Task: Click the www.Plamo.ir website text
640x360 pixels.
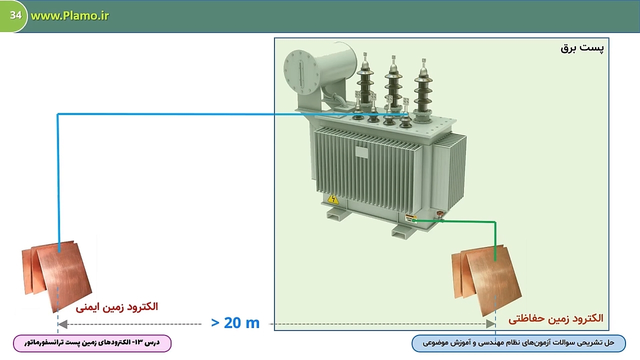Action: pyautogui.click(x=69, y=15)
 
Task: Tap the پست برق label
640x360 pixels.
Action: pyautogui.click(x=582, y=48)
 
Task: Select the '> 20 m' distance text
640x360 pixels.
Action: pyautogui.click(x=235, y=323)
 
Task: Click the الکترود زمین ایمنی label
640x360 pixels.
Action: pyautogui.click(x=117, y=307)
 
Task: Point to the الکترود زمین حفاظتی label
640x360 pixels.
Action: pyautogui.click(x=555, y=318)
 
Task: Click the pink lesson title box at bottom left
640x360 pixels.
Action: pyautogui.click(x=92, y=343)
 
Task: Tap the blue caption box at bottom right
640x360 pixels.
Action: pyautogui.click(x=518, y=343)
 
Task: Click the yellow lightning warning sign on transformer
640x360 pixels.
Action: pyautogui.click(x=333, y=199)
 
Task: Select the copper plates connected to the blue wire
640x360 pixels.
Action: pyautogui.click(x=57, y=275)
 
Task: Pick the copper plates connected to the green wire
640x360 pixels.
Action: pyautogui.click(x=486, y=279)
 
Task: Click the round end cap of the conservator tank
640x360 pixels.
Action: pyautogui.click(x=301, y=72)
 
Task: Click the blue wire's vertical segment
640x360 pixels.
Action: pyautogui.click(x=58, y=183)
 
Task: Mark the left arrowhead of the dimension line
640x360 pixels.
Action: pyautogui.click(x=62, y=324)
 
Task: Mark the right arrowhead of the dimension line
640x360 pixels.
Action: pyautogui.click(x=490, y=324)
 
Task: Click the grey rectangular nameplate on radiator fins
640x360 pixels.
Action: pyautogui.click(x=361, y=151)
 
